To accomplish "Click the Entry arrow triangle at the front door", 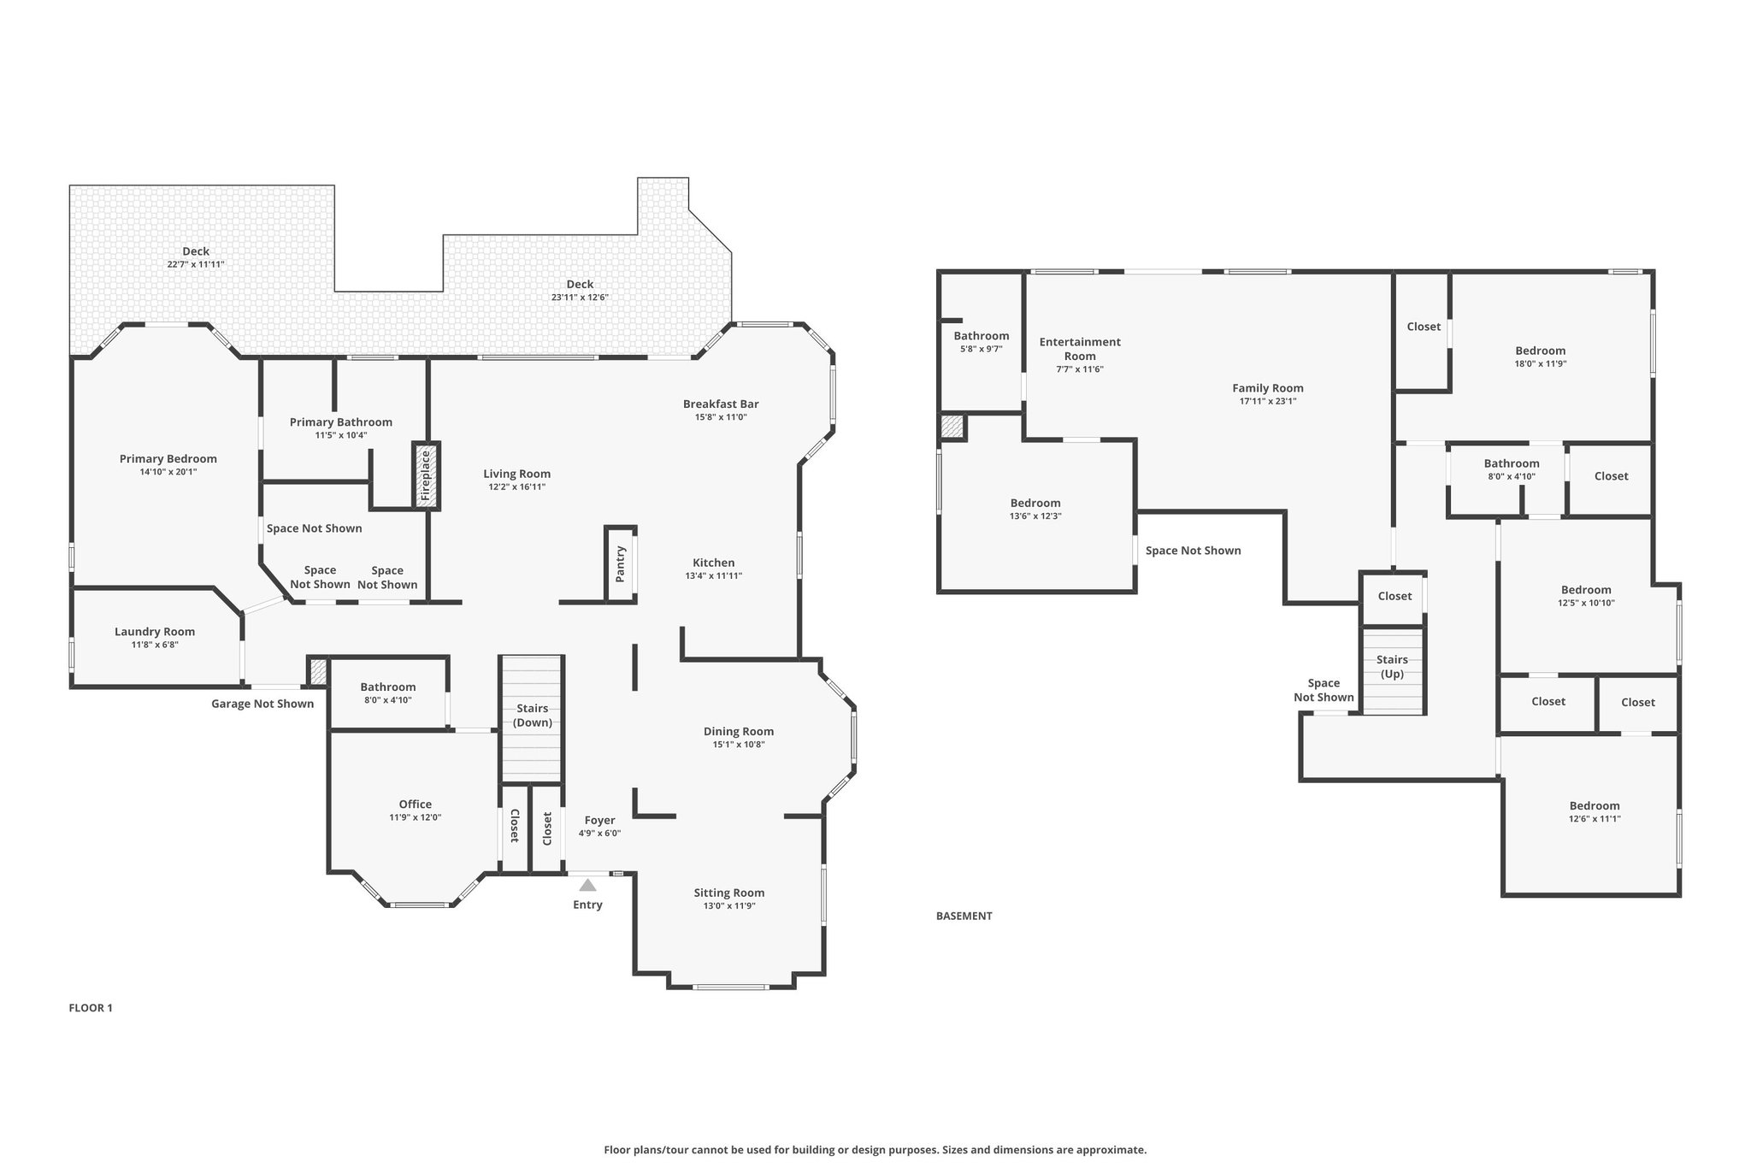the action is click(587, 885).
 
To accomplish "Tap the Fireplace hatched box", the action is click(426, 476).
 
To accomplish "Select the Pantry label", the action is click(621, 563).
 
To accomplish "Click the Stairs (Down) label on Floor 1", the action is click(533, 716).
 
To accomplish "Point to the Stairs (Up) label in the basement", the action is click(1392, 667).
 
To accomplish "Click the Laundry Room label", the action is click(155, 632).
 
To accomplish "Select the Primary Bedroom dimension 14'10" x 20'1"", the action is click(168, 472).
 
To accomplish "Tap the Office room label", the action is click(416, 804).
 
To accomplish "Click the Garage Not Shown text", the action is click(262, 704).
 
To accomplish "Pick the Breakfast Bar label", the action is click(721, 404).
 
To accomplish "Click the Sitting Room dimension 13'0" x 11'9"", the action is click(729, 906).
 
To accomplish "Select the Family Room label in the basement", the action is click(1268, 388).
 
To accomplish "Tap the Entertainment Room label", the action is click(1080, 349).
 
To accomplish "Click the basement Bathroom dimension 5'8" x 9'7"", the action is click(982, 349).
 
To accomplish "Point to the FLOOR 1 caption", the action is click(91, 1008).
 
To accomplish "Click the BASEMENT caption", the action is click(964, 916).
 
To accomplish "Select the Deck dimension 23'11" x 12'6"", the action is click(580, 298).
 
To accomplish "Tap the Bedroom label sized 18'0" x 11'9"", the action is click(1541, 351).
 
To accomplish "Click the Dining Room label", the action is click(739, 731).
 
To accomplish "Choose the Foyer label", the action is click(600, 821).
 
